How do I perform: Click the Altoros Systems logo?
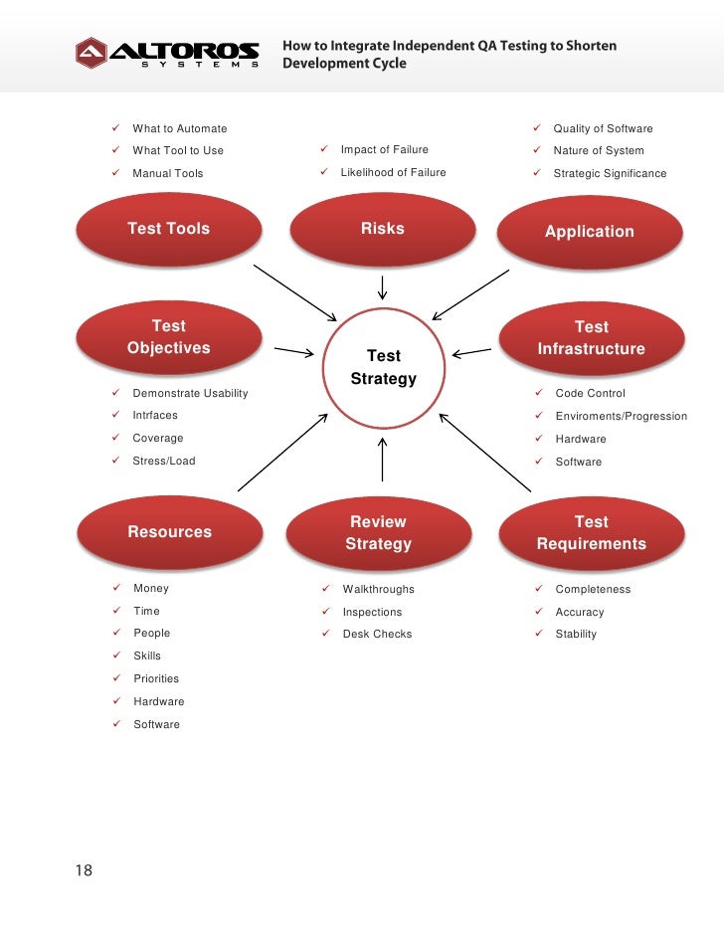[167, 53]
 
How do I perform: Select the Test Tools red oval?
[169, 229]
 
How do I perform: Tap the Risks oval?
[382, 229]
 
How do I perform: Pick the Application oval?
[589, 232]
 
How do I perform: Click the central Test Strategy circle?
[383, 367]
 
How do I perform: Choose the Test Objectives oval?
[169, 337]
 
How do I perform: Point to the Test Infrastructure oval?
[591, 338]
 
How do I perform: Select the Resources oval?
[169, 532]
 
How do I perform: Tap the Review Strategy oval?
[378, 533]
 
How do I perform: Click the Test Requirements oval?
[591, 533]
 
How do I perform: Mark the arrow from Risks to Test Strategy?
[383, 288]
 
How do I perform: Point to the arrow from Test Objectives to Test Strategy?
[294, 351]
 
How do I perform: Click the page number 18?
[84, 870]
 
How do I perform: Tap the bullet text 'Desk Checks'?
[377, 634]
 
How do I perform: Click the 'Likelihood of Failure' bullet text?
[393, 172]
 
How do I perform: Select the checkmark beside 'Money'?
[115, 588]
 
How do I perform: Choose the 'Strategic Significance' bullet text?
[610, 173]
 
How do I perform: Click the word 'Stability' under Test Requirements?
[576, 634]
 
